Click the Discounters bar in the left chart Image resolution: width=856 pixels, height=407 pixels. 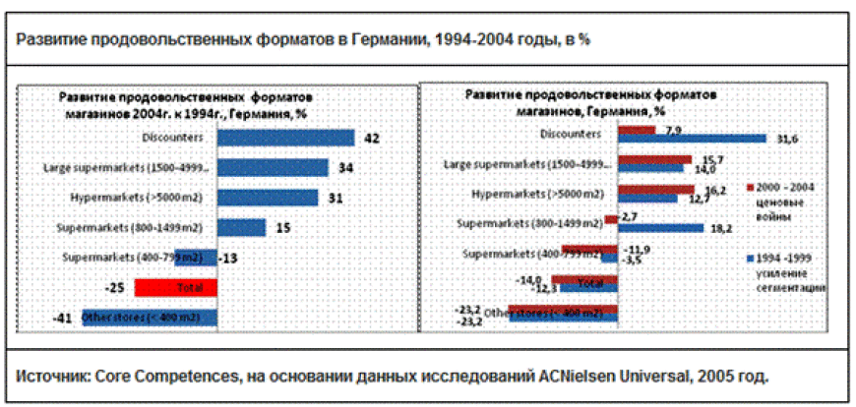pos(285,138)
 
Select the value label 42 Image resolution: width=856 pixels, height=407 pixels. pos(372,139)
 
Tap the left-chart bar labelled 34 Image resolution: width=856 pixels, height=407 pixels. pos(273,168)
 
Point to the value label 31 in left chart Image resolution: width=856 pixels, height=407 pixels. pos(335,198)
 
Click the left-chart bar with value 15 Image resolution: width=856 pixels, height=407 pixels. pos(241,227)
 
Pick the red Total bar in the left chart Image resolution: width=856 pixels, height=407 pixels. pos(176,288)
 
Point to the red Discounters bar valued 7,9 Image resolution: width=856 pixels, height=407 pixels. pos(636,129)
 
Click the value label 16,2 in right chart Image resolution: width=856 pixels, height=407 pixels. pos(715,188)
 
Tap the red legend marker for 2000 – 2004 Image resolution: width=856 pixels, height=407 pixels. pos(751,186)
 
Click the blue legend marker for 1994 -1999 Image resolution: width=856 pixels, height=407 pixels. pos(751,259)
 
